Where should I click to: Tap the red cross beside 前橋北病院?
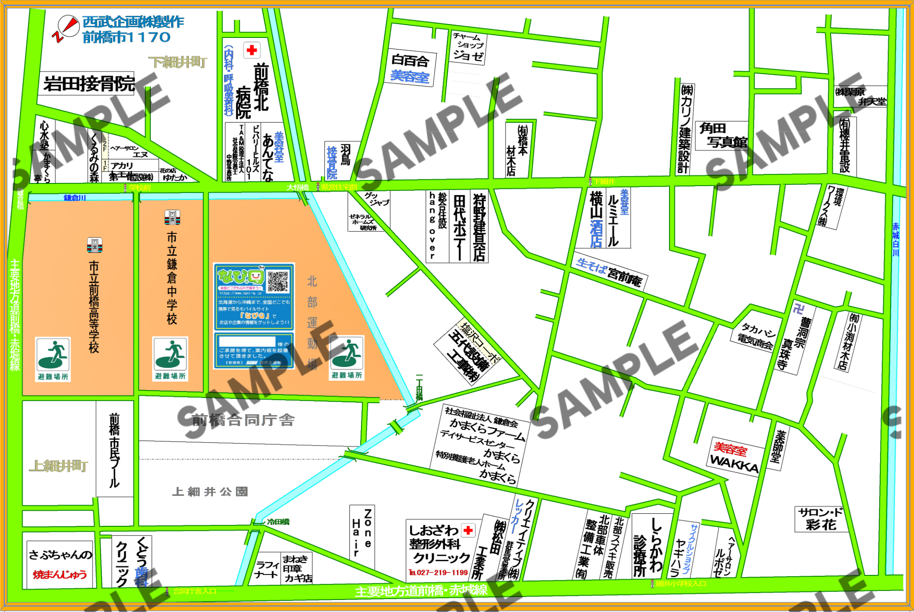(x=252, y=50)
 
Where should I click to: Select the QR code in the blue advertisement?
(x=278, y=281)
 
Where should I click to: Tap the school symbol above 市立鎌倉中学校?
(x=172, y=218)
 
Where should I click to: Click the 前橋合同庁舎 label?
(x=243, y=420)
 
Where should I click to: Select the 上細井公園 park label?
(x=210, y=492)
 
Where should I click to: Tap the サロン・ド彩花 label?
(x=821, y=519)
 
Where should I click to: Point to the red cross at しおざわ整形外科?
(x=468, y=530)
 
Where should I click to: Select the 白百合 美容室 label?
(x=410, y=68)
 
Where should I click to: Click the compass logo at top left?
(x=66, y=28)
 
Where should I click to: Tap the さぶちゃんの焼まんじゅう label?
(x=60, y=564)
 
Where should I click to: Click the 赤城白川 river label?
(x=895, y=240)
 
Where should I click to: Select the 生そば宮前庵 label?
(x=609, y=272)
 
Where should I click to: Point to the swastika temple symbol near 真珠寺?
(x=798, y=308)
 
